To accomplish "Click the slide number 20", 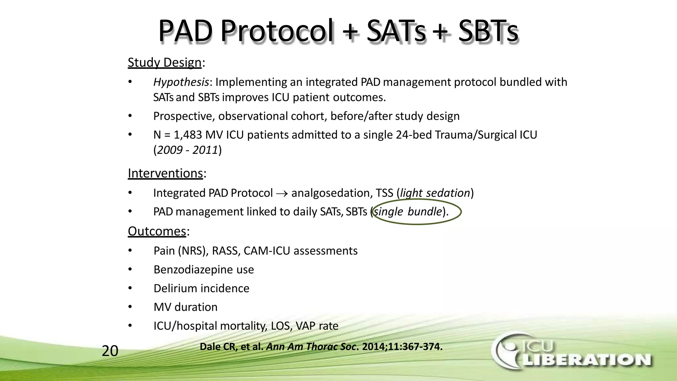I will coord(110,351).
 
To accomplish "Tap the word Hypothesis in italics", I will coord(181,82).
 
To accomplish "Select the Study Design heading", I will coord(165,63).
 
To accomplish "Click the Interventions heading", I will coord(165,173).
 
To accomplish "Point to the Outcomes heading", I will coord(157,231).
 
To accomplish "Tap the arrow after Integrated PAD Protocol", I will coord(282,193).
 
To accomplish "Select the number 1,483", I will coord(188,135).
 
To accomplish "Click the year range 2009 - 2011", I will coord(187,150).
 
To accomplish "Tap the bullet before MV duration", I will coord(130,307).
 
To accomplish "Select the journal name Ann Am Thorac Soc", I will coord(312,347).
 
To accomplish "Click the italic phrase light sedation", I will coord(435,193).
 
